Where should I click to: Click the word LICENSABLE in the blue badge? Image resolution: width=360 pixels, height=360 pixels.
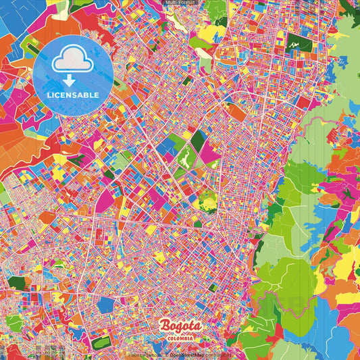point(72,95)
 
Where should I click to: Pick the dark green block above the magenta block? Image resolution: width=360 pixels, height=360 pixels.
point(198,140)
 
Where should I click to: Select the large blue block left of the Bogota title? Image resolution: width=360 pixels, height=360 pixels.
point(105,305)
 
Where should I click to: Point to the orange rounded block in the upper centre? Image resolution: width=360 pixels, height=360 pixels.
point(237,111)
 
